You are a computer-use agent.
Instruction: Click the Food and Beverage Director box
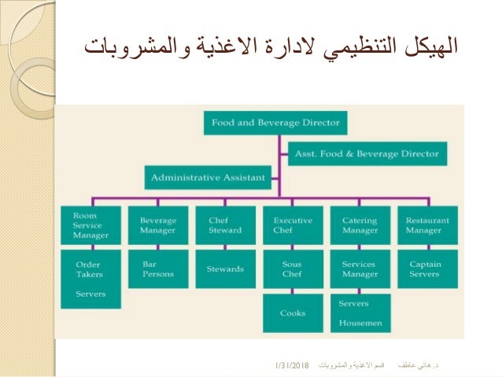[x=275, y=124]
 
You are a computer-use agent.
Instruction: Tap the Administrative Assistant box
[x=207, y=177]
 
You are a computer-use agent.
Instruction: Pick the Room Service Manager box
[x=90, y=226]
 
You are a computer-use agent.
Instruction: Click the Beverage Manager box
[x=157, y=226]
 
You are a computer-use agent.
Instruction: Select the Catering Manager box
[x=360, y=226]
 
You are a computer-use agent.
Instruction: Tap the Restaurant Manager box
[x=428, y=226]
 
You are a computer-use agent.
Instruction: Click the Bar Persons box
[x=157, y=269]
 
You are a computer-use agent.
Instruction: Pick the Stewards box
[x=224, y=269]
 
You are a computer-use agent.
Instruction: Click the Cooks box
[x=293, y=313]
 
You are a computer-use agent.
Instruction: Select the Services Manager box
[x=360, y=269]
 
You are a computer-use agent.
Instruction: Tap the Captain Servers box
[x=428, y=269]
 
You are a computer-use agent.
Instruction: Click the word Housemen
[x=360, y=323]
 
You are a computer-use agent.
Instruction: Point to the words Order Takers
[x=88, y=269]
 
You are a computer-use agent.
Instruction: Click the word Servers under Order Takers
[x=90, y=294]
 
